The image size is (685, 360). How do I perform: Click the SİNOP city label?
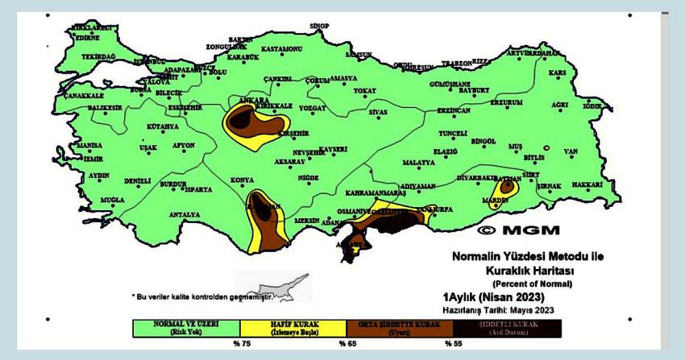[x=320, y=26]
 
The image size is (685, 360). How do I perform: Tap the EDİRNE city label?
[x=87, y=36]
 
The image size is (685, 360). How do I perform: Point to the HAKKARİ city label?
[x=587, y=184]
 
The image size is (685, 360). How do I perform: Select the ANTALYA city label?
[x=185, y=215]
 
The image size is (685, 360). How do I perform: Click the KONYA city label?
[x=242, y=180]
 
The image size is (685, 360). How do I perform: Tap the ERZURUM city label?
[x=507, y=102]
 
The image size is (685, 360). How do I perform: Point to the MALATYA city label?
[x=418, y=162]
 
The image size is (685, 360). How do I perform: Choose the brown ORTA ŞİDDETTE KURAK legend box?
[x=400, y=327]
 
